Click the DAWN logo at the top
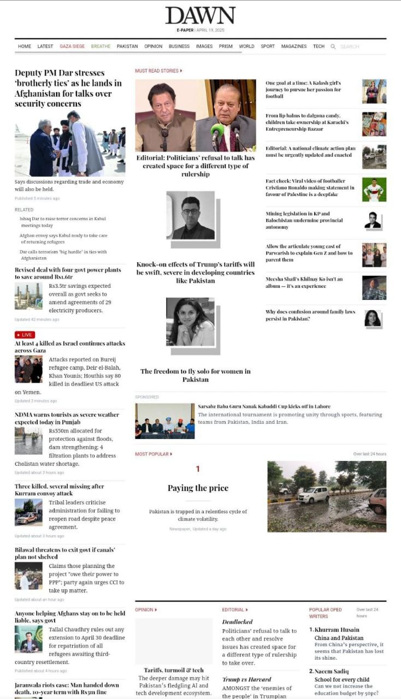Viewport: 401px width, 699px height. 200,16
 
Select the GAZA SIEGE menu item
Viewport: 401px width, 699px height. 72,46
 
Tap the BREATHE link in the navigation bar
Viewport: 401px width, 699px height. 101,46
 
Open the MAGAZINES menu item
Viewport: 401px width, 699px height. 294,46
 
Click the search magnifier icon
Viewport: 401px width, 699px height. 333,47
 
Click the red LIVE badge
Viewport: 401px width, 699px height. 25,335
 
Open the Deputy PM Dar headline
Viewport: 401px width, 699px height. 68,88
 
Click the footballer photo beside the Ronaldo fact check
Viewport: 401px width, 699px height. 374,189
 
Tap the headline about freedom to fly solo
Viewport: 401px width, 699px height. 196,375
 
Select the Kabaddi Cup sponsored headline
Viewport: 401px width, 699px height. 264,406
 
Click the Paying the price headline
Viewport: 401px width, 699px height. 198,488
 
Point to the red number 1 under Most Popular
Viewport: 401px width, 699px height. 198,469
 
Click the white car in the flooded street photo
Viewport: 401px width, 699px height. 314,495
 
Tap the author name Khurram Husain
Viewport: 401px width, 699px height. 337,630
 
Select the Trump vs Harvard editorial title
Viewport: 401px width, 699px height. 246,679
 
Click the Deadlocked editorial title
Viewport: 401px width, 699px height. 237,621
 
